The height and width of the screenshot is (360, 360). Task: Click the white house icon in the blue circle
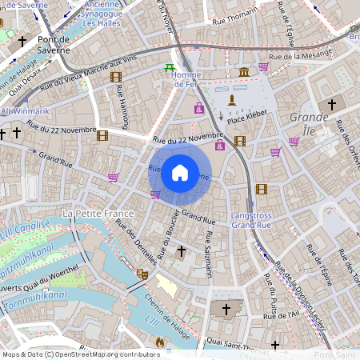coord(179,172)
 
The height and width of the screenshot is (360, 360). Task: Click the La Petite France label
coord(101,214)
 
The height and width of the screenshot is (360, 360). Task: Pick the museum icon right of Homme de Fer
coord(243,73)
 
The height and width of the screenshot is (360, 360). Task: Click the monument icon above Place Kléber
coord(232,100)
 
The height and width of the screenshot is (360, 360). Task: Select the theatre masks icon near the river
coord(143,274)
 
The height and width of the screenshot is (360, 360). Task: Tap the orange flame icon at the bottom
coord(159,342)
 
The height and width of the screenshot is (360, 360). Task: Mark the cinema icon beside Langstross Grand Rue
coord(261,190)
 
